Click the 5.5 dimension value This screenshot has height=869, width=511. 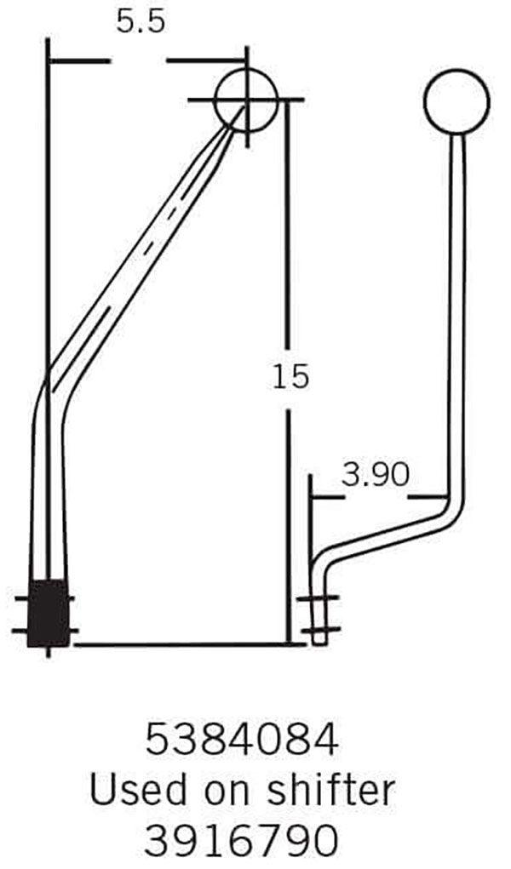pos(141,23)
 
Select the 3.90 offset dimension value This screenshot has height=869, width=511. pos(376,474)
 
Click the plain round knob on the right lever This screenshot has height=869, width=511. pos(456,101)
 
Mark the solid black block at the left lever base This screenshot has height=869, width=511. pos(49,613)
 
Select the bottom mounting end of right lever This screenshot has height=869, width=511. pos(319,621)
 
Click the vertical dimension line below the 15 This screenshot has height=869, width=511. pos(288,528)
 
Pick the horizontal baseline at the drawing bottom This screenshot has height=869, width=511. pos(187,644)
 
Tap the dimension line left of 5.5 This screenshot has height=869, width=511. pos(78,60)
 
